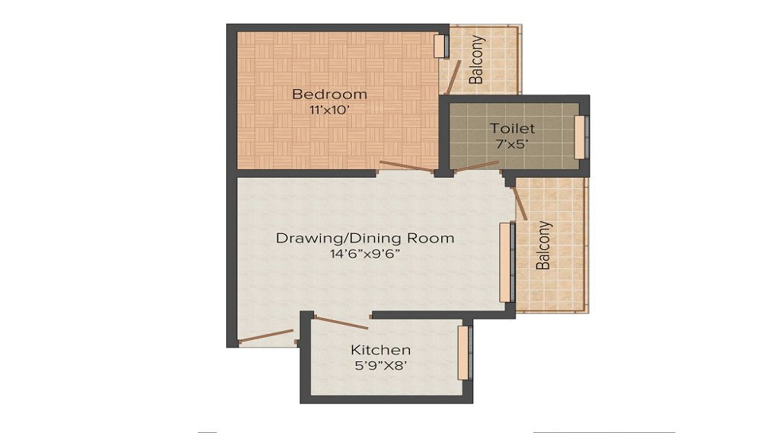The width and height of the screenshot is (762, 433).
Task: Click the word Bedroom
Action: [x=329, y=95]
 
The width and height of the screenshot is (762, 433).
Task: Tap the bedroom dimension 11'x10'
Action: [x=329, y=110]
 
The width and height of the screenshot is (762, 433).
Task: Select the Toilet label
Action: [x=512, y=128]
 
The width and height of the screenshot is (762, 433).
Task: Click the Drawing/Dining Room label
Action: [x=364, y=238]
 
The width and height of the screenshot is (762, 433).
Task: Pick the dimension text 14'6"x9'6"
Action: [x=364, y=254]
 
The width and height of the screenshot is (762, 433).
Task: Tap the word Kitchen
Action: [x=380, y=350]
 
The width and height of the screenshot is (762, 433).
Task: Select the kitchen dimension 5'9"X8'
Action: [x=380, y=365]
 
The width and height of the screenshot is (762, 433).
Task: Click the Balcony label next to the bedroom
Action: [x=476, y=59]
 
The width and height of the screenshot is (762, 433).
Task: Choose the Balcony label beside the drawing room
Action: [x=543, y=245]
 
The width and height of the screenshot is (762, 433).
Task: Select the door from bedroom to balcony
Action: [x=455, y=77]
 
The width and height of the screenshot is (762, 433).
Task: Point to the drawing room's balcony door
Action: [x=520, y=204]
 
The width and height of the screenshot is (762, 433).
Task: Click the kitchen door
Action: [x=341, y=322]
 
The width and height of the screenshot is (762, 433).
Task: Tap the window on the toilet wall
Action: [x=580, y=137]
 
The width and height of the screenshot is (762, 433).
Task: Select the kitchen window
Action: [x=463, y=351]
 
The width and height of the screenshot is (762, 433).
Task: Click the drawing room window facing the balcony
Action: [x=505, y=262]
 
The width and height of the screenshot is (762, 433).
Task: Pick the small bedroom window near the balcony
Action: [x=440, y=46]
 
